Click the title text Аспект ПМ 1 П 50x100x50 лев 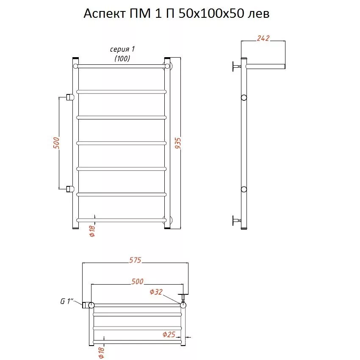click(x=176, y=14)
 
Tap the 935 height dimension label click(x=178, y=143)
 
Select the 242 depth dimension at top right click(x=263, y=38)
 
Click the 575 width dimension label click(x=135, y=260)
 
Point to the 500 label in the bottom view click(x=137, y=281)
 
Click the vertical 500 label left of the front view click(x=56, y=143)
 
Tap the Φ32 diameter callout click(x=156, y=292)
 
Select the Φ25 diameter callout click(x=169, y=334)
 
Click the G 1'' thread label click(x=66, y=301)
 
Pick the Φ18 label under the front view click(x=92, y=231)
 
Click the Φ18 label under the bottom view click(x=101, y=352)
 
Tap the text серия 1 click(x=122, y=50)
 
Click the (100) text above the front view click(x=122, y=58)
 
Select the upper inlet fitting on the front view click(x=70, y=97)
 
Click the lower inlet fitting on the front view click(x=70, y=189)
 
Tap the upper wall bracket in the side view click(x=236, y=66)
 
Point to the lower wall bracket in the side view click(x=236, y=220)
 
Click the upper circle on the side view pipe click(x=244, y=97)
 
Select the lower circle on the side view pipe click(x=244, y=189)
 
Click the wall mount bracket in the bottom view click(x=183, y=298)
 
